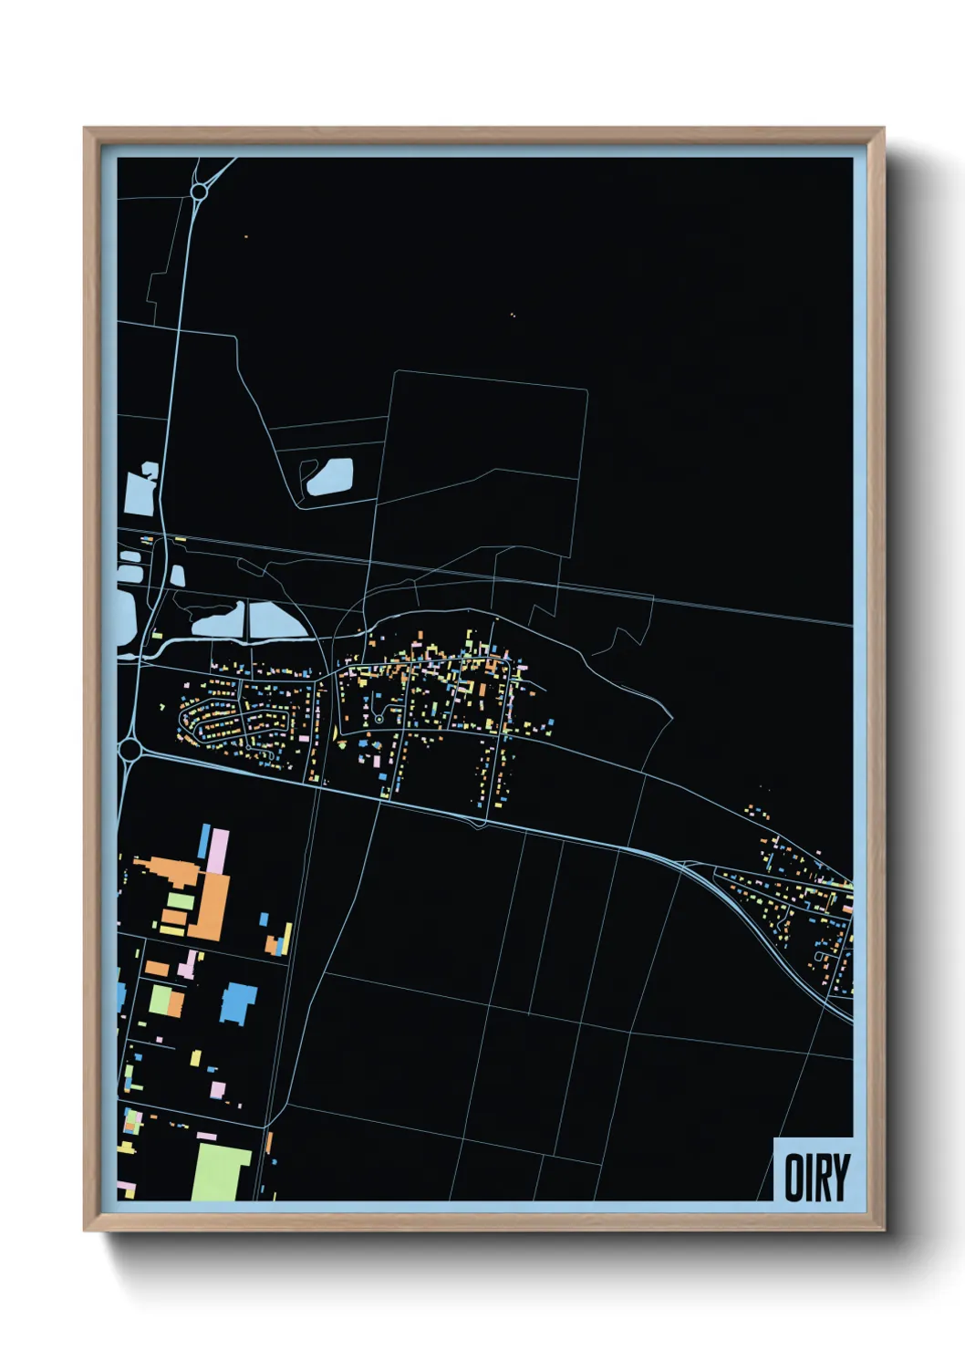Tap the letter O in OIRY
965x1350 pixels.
[793, 1178]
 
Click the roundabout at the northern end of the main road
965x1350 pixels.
[199, 192]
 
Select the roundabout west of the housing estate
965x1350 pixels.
[130, 750]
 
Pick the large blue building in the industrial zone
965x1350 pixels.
[238, 1002]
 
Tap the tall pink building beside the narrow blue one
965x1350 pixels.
[218, 851]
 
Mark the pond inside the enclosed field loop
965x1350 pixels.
[329, 476]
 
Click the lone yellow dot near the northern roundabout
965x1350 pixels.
[245, 237]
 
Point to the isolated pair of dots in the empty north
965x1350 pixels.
[513, 316]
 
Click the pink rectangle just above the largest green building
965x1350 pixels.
[207, 1137]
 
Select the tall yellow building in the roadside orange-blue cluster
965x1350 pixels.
[289, 939]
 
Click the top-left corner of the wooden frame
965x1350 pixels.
[85, 129]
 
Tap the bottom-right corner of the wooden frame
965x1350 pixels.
[883, 1229]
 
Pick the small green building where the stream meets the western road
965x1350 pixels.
[158, 634]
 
